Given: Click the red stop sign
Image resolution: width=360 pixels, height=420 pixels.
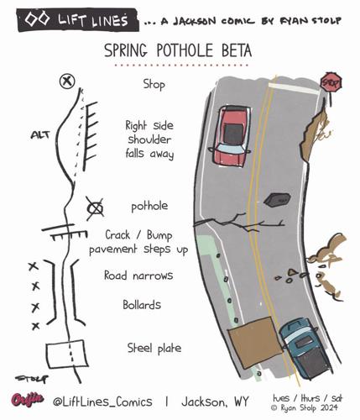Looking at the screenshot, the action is click(331, 82).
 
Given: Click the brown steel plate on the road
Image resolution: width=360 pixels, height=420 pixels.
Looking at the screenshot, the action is click(254, 342).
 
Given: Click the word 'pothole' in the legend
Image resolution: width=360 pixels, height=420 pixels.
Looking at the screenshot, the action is click(149, 207).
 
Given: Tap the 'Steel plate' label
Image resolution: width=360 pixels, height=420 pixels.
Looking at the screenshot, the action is click(154, 348).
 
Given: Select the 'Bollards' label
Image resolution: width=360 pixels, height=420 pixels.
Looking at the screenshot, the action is click(142, 304).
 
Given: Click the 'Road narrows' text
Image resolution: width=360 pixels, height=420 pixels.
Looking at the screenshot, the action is click(138, 276).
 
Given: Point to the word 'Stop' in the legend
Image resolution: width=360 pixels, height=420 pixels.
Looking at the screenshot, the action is click(154, 84).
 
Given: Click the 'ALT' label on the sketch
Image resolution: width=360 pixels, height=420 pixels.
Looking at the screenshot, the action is click(40, 135).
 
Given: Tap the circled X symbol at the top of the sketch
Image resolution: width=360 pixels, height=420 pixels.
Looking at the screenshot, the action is click(67, 81).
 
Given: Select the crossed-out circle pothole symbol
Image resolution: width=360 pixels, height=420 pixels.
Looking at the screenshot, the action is click(95, 208).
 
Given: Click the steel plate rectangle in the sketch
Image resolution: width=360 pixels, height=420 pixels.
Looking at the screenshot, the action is click(67, 354).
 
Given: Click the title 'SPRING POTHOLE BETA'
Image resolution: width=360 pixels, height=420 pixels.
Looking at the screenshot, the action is click(178, 50).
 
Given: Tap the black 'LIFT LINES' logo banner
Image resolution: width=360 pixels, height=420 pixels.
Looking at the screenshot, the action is click(77, 20).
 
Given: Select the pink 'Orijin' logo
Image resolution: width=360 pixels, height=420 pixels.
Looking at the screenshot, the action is click(28, 400).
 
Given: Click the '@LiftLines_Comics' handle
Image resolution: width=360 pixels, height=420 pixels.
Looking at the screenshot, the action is click(102, 402).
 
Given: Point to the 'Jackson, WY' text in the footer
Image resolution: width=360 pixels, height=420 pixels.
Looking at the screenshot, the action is click(215, 402).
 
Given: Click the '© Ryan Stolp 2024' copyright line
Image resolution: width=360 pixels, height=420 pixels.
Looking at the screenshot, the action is click(305, 407).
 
